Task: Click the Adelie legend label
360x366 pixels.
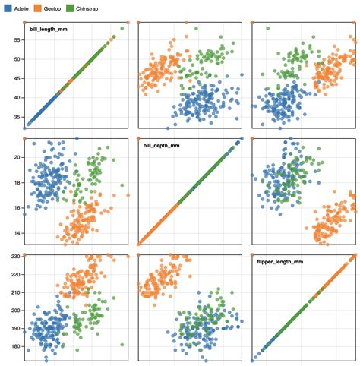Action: click(x=21, y=7)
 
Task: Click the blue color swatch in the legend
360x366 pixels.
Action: click(x=7, y=7)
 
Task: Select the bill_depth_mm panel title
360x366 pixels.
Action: click(x=162, y=145)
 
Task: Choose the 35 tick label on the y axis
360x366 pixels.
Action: click(x=15, y=117)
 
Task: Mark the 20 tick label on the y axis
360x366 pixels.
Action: click(x=15, y=156)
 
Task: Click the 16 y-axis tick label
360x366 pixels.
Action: click(x=15, y=207)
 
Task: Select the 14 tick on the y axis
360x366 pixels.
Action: click(x=15, y=233)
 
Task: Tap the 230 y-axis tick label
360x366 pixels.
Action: click(x=13, y=257)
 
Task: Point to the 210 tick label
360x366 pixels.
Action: click(x=13, y=293)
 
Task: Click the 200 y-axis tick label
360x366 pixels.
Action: click(x=13, y=311)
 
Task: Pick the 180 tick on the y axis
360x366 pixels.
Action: click(x=13, y=346)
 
